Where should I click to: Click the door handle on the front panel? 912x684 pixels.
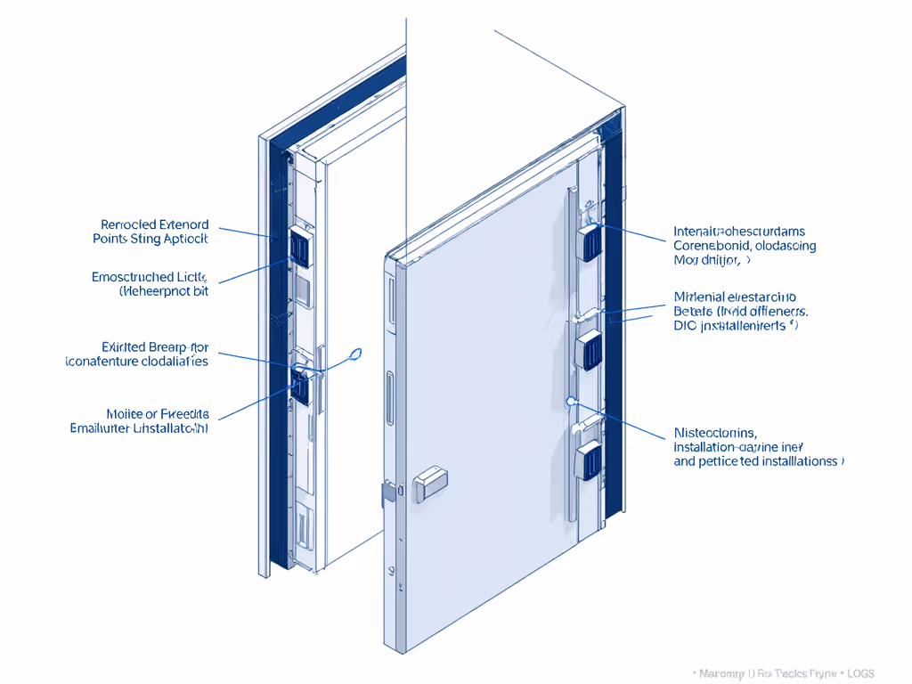click(429, 482)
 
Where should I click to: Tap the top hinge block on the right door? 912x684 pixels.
click(590, 242)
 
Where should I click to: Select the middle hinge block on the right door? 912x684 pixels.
click(590, 348)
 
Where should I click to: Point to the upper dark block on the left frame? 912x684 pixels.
click(300, 248)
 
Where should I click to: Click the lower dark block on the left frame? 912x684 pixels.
click(300, 388)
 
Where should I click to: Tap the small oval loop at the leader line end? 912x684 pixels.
click(357, 354)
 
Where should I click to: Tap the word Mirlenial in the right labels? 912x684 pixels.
click(700, 297)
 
